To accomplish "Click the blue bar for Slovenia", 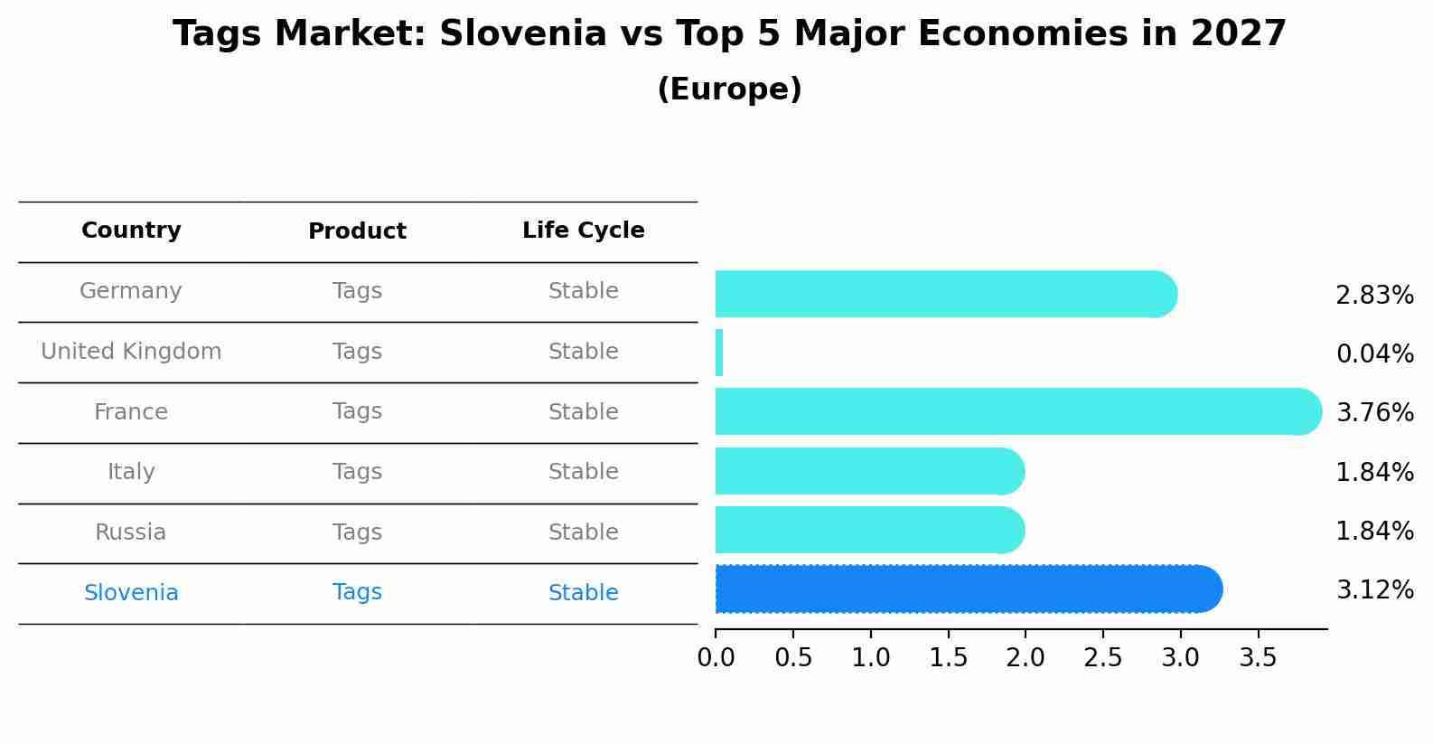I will (967, 589).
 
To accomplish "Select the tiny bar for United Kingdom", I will (719, 353).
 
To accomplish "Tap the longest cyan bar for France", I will (1016, 411).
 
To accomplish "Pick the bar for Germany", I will (944, 294).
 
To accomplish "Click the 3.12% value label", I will (1374, 590).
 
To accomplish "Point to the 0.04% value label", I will (1374, 354).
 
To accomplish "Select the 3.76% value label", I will (1374, 413).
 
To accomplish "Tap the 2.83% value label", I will (1374, 296).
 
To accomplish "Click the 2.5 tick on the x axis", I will (1103, 658).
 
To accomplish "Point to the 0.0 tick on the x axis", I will (716, 658).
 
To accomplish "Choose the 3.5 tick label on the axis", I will (1258, 658).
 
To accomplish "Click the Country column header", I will (131, 231).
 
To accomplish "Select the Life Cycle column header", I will (583, 231).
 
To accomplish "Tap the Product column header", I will (357, 231).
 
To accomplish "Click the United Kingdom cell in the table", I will (131, 352).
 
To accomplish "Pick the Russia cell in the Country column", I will (131, 532).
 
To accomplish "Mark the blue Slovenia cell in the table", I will (131, 593).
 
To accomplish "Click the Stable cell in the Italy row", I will (583, 472).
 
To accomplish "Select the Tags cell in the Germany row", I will (357, 291).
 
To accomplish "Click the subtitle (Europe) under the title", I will (729, 89).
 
